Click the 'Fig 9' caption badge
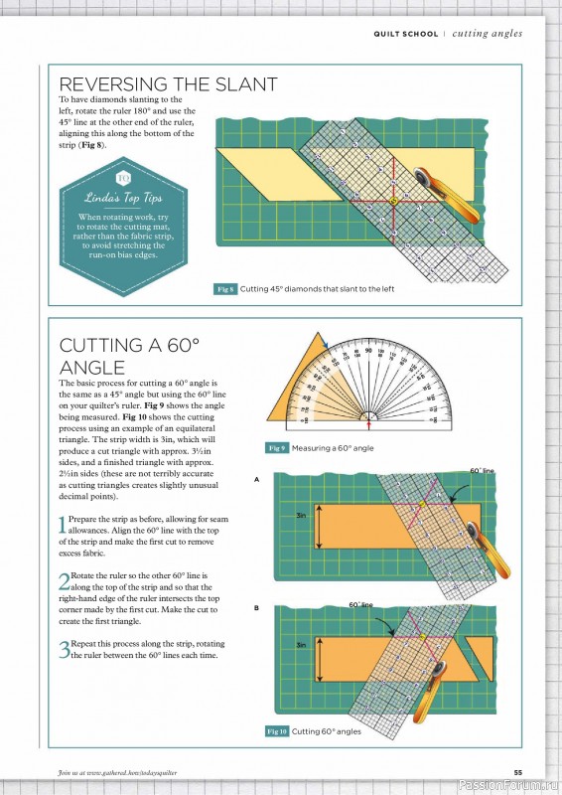coord(275,448)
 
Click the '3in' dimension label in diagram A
coord(301,516)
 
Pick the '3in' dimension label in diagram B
coord(301,645)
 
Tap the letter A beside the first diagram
coord(256,480)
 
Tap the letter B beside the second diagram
coord(256,608)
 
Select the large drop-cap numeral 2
coord(65,582)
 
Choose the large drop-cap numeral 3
coord(65,651)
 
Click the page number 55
coord(517,772)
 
